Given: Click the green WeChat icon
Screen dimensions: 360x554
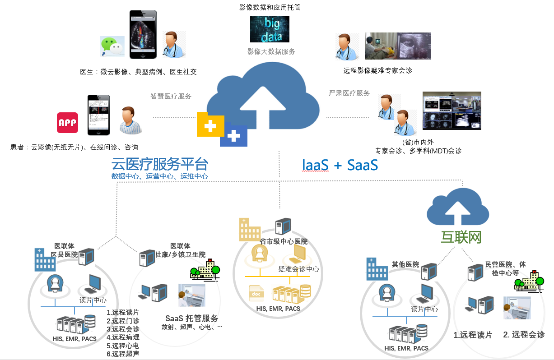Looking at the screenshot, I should point(112,46).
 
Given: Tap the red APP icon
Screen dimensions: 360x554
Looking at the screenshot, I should point(67,122).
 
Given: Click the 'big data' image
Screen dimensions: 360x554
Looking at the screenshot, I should point(270,29).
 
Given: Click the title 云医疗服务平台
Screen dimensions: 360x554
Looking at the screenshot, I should point(160,163).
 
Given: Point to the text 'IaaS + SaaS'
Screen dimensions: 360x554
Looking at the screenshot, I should point(340,165).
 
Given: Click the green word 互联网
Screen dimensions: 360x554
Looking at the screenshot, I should point(461,237).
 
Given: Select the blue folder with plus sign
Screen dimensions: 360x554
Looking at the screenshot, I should point(233,135).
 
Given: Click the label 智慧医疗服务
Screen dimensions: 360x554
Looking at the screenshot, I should point(171,96).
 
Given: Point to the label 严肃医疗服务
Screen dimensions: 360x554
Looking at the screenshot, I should point(349,93).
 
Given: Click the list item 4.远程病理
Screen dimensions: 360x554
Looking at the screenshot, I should point(123,337).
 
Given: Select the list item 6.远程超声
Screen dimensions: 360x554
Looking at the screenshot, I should point(123,354).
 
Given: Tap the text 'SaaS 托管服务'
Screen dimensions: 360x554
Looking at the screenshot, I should point(192,318).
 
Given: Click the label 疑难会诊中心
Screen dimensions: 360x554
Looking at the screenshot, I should point(298,269).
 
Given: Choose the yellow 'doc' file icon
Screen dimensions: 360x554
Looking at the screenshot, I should point(256,293).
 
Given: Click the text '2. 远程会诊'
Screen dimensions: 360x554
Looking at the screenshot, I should point(524,334).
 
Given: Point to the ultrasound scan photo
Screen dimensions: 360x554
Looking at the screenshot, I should point(398,46).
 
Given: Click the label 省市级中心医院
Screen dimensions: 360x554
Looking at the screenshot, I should point(284,241).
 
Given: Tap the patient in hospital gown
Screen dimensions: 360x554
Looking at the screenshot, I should point(130,121).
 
